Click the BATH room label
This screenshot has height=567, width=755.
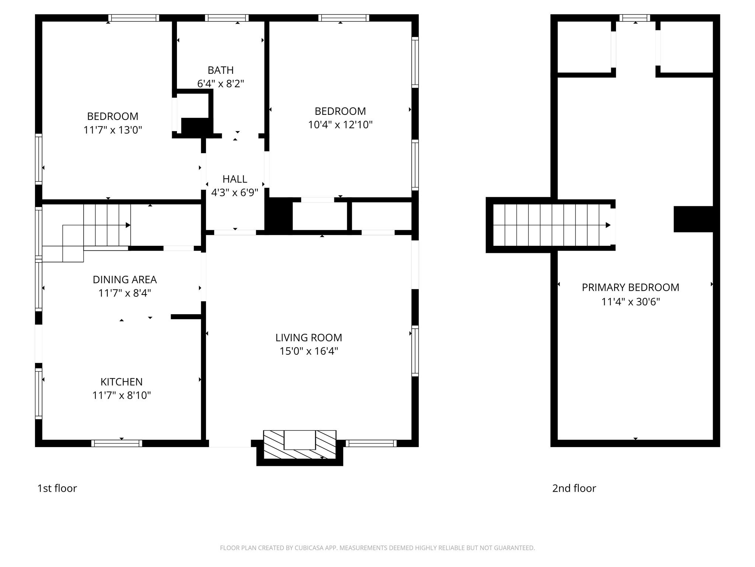point(220,70)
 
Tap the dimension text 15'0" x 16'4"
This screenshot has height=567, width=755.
point(309,351)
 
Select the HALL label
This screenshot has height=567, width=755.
point(234,179)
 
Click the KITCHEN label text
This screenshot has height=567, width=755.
point(121,382)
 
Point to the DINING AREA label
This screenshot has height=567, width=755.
point(125,279)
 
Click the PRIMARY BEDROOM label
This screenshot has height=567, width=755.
point(630,287)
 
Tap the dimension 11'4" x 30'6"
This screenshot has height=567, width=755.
point(630,302)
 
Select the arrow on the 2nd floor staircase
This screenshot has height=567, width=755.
point(608,225)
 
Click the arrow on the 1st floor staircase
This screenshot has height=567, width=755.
point(128,225)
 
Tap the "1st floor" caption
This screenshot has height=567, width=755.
point(57,488)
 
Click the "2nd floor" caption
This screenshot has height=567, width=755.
point(574,488)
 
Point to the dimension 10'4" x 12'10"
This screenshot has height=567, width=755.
point(340,125)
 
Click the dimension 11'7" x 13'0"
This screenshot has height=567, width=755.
point(112,130)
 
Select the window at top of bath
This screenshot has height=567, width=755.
point(227,18)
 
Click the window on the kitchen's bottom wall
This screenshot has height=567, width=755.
point(116,443)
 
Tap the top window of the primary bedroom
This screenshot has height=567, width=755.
point(634,18)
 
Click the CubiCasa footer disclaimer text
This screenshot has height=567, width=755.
point(377,548)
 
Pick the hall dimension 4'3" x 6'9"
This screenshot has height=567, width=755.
point(234,193)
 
